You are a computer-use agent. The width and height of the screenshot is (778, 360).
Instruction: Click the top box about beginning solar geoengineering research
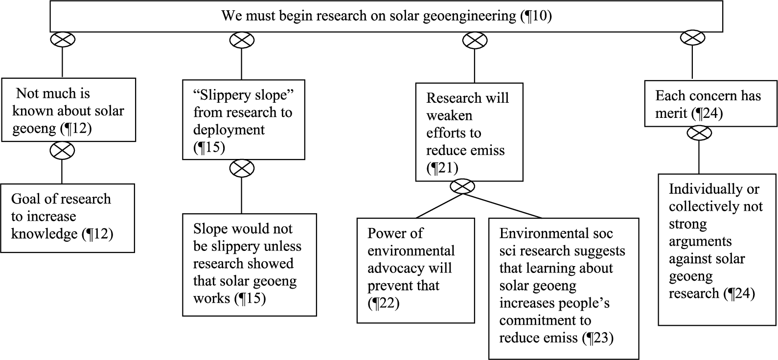click(386, 16)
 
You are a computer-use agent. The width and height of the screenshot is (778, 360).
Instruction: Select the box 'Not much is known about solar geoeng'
click(69, 110)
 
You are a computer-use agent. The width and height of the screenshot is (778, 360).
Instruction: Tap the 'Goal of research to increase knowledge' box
click(68, 218)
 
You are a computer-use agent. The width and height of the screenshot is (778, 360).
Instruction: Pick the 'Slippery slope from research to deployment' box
click(244, 120)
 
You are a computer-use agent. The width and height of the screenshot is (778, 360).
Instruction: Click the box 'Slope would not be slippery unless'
click(250, 265)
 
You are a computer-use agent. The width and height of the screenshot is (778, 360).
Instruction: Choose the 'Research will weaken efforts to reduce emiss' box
click(469, 132)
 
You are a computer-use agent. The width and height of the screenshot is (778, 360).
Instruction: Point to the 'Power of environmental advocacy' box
click(416, 270)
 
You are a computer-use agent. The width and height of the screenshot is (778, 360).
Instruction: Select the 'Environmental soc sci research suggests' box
click(564, 289)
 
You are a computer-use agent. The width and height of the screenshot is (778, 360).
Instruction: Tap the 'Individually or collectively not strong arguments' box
click(717, 249)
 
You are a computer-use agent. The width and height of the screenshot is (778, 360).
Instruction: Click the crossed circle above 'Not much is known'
click(63, 39)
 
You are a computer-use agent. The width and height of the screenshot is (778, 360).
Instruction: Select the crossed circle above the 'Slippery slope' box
click(242, 40)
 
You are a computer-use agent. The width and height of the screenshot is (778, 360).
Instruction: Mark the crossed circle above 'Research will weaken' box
click(475, 40)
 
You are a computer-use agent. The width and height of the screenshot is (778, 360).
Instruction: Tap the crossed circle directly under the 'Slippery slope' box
click(242, 168)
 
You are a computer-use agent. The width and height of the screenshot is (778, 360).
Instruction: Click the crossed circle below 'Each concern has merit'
click(699, 133)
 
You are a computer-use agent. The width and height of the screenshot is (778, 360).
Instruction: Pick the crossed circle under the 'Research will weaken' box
click(462, 187)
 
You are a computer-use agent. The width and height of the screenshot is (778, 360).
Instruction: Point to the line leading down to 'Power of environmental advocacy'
click(439, 206)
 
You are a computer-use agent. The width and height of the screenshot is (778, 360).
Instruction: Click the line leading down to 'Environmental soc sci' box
click(502, 206)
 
